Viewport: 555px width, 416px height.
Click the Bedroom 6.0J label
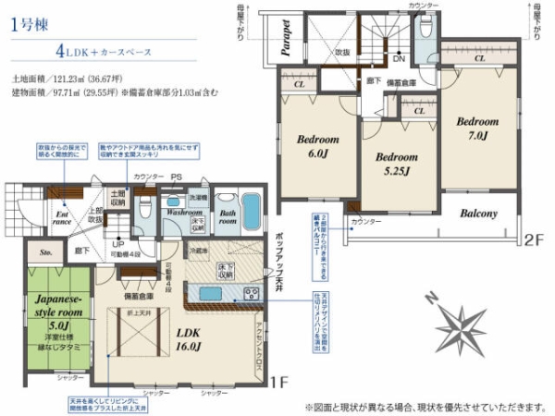point(319,146)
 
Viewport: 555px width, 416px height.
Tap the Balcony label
point(478,214)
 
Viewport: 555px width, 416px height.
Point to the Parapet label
point(287,36)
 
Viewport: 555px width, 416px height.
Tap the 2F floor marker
point(530,239)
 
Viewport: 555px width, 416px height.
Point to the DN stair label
point(398,58)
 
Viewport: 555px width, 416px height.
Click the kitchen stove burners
point(251,293)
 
